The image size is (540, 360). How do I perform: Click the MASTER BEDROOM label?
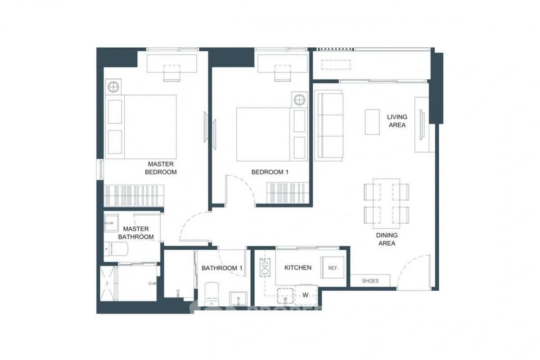(x=161, y=168)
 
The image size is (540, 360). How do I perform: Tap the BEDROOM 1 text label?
(x=270, y=172)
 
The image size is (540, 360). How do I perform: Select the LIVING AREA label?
(x=397, y=121)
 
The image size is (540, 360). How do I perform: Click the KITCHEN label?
(x=298, y=268)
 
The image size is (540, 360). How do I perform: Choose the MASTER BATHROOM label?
(x=136, y=233)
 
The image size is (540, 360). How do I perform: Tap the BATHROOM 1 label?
(x=222, y=268)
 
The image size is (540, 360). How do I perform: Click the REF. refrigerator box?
(x=333, y=268)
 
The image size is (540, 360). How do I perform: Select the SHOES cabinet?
(x=370, y=281)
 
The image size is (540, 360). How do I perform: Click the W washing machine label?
(x=305, y=295)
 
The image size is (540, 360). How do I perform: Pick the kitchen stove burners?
(x=265, y=267)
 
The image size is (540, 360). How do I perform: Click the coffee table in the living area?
(x=372, y=121)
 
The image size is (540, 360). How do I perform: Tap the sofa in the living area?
(x=329, y=125)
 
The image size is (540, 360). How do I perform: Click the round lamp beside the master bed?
(x=113, y=86)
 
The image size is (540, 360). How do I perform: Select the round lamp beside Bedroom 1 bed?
(x=299, y=99)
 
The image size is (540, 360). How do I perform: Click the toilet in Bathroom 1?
(x=211, y=293)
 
